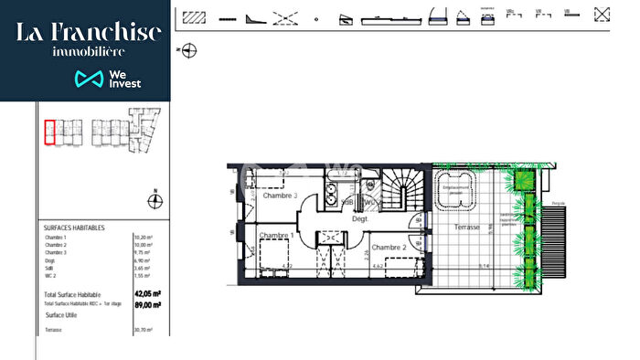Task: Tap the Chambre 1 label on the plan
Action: click(275, 236)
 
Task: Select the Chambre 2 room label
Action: click(389, 248)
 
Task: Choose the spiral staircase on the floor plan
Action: click(401, 192)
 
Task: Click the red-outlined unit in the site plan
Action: click(50, 132)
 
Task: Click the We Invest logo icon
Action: click(89, 79)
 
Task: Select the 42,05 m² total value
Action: click(147, 294)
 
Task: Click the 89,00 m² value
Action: click(147, 303)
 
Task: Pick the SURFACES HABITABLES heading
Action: click(74, 228)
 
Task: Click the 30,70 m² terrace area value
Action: click(144, 330)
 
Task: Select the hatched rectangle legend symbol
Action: click(193, 16)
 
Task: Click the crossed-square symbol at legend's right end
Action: click(602, 16)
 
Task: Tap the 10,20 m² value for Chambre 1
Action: click(143, 237)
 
